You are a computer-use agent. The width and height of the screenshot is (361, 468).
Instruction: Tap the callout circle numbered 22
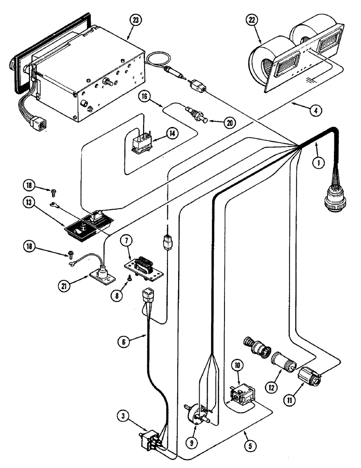coord(252,20)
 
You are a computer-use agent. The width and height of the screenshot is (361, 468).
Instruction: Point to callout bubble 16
coord(144,96)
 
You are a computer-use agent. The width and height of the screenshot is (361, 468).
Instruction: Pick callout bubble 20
coord(229,123)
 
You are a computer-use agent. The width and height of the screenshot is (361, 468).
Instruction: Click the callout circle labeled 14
coord(173,133)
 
